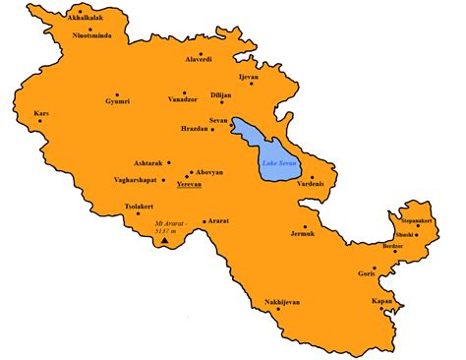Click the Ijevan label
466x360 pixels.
[249, 76]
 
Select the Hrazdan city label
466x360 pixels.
[198, 130]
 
